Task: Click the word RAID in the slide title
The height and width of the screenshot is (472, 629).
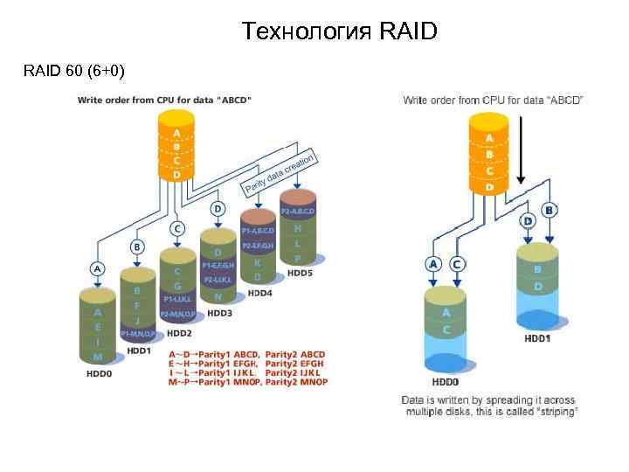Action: coord(409,32)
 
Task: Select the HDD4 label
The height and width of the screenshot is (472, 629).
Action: coord(259,293)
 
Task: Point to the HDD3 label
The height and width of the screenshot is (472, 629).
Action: coord(218,312)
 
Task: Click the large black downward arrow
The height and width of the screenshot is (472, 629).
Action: coord(521,149)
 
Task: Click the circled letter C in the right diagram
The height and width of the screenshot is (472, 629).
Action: coord(457,263)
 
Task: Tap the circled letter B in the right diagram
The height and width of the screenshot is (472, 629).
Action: coord(550,211)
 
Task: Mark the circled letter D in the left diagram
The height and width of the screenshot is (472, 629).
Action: coord(218,209)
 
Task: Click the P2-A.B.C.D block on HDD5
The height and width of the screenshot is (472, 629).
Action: coord(298,212)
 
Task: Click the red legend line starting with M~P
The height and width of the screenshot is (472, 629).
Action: coord(246,382)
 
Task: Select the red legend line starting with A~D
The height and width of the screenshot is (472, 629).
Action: coord(246,354)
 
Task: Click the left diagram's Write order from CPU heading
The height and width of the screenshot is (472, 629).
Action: coord(165,101)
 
